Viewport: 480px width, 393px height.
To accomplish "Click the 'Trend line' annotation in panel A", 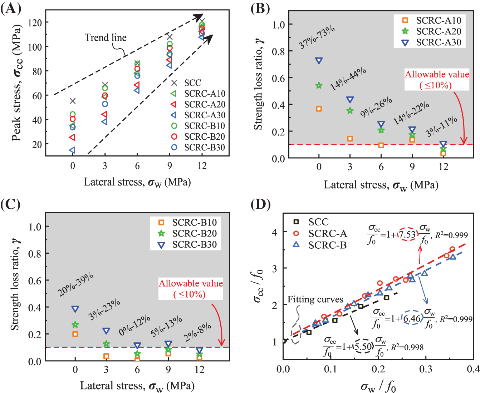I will coord(106,38).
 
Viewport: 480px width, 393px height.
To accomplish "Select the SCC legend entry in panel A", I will coord(192,83).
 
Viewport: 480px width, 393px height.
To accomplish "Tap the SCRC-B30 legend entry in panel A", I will coord(204,147).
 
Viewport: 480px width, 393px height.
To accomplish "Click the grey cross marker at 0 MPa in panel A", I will coord(73,101).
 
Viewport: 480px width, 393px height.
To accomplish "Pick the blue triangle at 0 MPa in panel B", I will coord(319,61).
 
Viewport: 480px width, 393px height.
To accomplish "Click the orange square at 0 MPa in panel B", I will coord(319,109).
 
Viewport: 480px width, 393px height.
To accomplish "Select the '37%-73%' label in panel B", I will coord(317,37).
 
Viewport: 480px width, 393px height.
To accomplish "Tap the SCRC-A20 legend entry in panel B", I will coord(439,31).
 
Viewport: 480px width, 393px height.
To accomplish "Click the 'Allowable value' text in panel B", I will coord(437,74).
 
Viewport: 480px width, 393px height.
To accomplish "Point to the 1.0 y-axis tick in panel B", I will coord(278,25).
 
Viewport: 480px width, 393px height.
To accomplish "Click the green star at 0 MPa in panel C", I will coord(75,325).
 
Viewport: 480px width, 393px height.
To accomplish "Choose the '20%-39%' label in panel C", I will coord(76,285).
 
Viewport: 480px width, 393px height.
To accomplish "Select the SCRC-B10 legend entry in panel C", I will coord(194,223).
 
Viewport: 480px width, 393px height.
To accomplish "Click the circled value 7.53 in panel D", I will coord(407,234).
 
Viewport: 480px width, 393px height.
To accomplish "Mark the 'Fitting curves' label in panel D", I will coord(315,299).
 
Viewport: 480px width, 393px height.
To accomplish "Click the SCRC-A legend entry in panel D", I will coord(328,233).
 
